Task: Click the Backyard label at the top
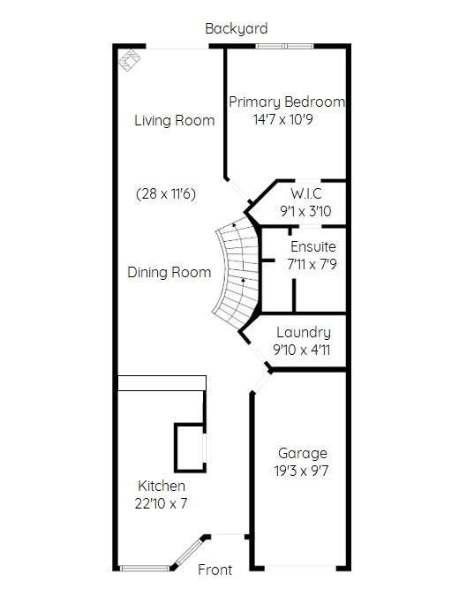(x=237, y=29)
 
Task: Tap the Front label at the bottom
(x=214, y=570)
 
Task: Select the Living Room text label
(x=175, y=120)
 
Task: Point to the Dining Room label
(x=169, y=272)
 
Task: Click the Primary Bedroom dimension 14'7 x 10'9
(x=282, y=119)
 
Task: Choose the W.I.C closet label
(x=306, y=193)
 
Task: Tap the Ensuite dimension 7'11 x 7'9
(x=312, y=265)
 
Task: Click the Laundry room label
(x=304, y=332)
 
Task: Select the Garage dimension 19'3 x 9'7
(x=302, y=471)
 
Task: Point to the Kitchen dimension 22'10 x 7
(x=161, y=503)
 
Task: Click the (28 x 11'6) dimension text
(x=166, y=193)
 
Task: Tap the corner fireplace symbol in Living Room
(x=130, y=60)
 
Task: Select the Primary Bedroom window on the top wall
(x=284, y=47)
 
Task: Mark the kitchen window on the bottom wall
(x=145, y=569)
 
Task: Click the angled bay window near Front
(x=189, y=552)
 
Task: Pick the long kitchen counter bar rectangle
(x=162, y=383)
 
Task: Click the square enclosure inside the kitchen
(x=190, y=448)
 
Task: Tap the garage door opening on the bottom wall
(x=300, y=567)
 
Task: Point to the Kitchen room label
(x=162, y=486)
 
